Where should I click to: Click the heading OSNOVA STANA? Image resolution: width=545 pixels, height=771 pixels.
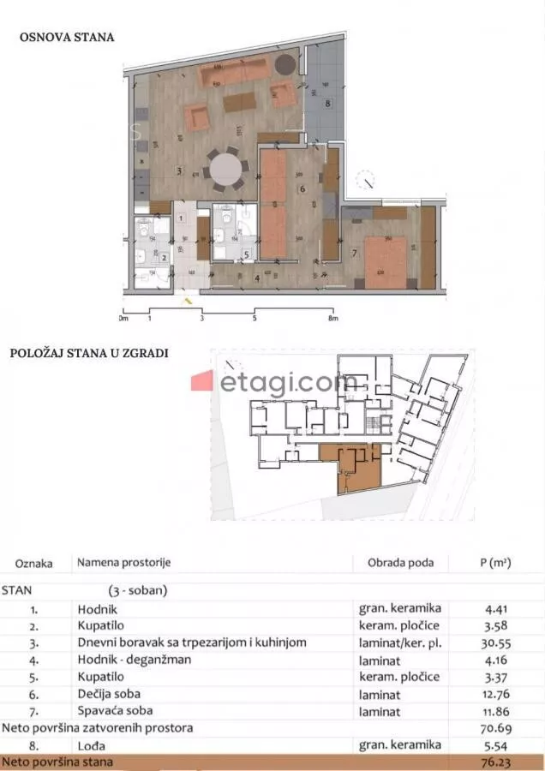click(67, 38)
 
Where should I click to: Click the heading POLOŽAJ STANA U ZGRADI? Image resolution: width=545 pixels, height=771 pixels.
click(89, 352)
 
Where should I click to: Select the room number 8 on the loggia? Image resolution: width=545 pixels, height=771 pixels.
click(327, 104)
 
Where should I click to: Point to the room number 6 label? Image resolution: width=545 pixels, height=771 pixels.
click(302, 188)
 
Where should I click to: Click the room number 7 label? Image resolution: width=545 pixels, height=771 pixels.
click(354, 253)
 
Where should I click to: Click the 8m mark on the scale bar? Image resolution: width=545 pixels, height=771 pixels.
click(334, 318)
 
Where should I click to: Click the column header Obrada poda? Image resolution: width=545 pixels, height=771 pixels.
click(395, 563)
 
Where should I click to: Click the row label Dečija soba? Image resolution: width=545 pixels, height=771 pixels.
click(109, 694)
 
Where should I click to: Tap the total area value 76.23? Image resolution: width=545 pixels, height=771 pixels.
click(494, 762)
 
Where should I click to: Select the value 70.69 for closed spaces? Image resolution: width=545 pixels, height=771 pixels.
click(494, 728)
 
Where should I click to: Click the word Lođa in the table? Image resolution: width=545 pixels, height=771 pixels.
click(92, 745)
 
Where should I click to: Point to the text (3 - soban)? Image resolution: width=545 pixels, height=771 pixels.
click(138, 591)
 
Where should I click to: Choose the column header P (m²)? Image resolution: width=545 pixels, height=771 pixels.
click(494, 563)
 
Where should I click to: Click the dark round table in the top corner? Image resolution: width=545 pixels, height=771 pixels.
click(287, 63)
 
